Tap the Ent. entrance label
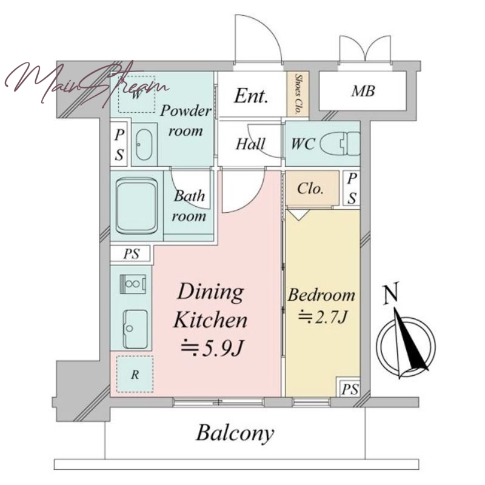250,96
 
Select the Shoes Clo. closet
298,94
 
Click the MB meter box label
363,90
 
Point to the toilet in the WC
340,144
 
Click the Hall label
250,144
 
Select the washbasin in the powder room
144,144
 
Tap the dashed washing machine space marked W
137,95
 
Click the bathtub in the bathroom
136,206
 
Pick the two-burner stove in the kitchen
133,283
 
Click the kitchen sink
135,329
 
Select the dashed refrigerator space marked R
135,374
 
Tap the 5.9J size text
212,349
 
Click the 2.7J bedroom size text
322,316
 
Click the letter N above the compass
390,295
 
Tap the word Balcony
235,433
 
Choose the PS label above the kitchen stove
132,254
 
